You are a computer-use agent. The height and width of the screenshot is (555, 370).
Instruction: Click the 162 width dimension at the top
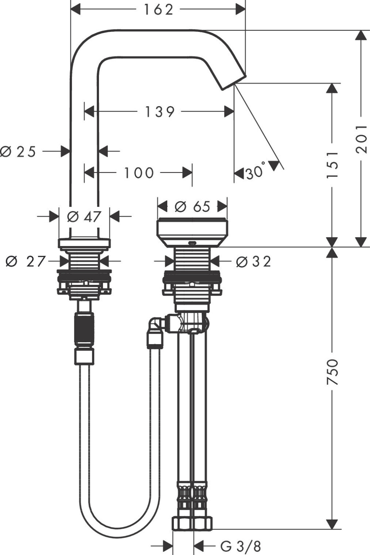158,10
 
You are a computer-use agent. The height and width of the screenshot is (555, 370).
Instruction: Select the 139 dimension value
159,111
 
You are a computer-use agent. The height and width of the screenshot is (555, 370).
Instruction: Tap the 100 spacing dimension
138,172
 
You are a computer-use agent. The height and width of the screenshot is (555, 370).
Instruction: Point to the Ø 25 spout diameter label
18,151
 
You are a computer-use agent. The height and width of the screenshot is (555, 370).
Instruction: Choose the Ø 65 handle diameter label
192,206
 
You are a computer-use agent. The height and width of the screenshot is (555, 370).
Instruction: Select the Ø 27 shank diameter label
25,262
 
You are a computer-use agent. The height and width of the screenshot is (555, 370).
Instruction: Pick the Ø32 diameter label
253,262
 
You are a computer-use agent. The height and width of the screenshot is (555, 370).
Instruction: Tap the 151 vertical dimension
332,164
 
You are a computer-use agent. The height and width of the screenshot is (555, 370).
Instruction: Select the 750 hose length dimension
332,372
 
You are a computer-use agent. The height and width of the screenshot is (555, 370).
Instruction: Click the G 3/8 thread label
240,545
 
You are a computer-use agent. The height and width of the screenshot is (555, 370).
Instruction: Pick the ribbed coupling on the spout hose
85,330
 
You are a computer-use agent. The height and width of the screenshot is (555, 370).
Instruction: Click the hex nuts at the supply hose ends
192,523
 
